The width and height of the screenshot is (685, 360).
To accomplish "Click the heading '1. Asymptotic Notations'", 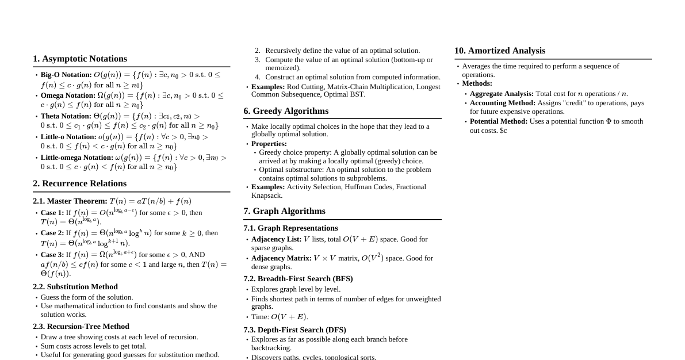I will point(80,59).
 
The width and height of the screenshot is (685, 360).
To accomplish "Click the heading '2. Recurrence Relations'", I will point(79,183).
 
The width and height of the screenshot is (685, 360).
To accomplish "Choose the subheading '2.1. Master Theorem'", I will point(70,201).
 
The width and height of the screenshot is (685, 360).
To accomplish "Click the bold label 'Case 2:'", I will point(52,233).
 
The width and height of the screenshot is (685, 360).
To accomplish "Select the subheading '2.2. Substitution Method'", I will point(75,286).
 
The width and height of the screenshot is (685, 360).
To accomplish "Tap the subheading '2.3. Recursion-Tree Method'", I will point(81,326).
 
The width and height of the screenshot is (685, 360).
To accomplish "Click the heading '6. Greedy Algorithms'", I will point(286,111).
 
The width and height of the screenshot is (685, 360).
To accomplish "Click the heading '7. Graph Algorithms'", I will point(284,211).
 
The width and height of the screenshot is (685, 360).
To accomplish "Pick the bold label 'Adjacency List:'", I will point(276,239).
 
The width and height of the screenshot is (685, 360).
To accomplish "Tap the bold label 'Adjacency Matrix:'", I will point(281,258).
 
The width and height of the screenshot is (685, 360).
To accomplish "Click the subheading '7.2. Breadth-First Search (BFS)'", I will point(298,278).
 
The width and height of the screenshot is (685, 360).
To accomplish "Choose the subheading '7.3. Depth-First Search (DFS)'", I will point(294,330).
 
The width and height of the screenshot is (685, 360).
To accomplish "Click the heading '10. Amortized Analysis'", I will point(500,51).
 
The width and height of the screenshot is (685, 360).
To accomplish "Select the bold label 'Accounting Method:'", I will point(503,103).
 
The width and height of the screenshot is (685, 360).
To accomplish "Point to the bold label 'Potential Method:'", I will point(499,121).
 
